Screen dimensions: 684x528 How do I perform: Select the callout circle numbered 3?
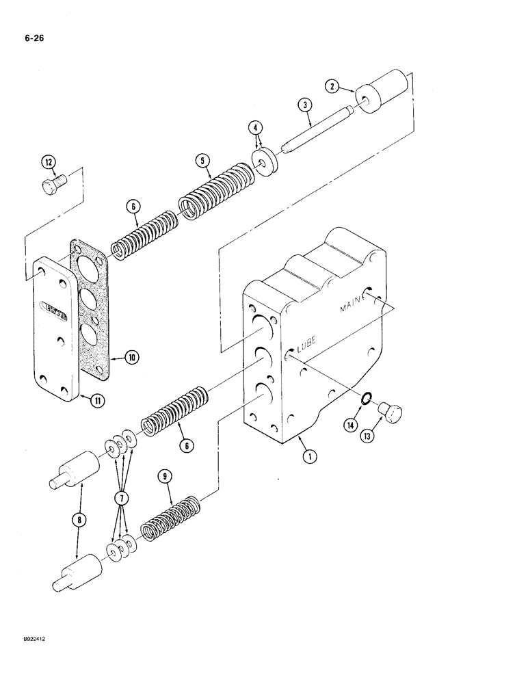(x=304, y=104)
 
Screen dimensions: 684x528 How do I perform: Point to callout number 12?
(x=47, y=162)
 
